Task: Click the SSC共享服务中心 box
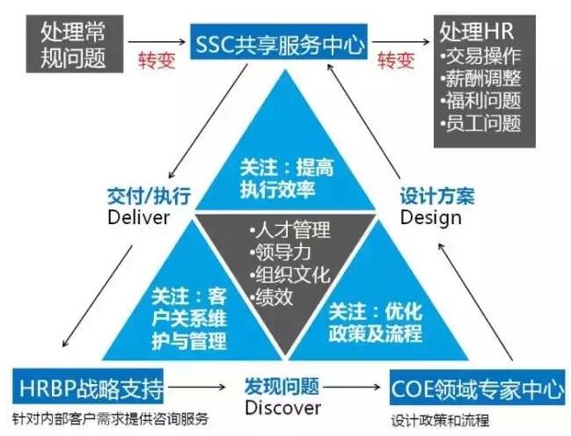[x=277, y=42]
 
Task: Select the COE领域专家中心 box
[x=476, y=388]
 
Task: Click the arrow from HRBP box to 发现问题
[x=207, y=387]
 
